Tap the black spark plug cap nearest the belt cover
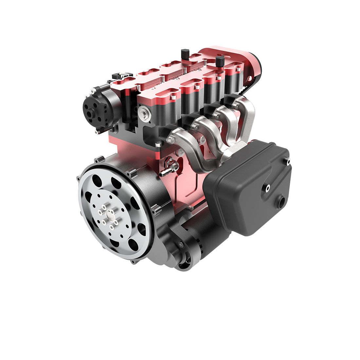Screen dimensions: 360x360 (220, 60)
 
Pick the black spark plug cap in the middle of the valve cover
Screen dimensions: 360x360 (184, 53)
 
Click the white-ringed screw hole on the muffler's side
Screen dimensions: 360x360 (268, 188)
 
